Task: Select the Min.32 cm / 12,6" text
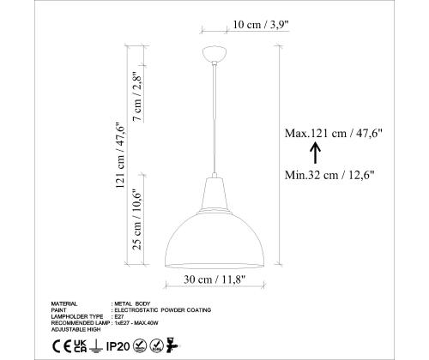(x=330, y=174)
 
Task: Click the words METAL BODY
(x=132, y=303)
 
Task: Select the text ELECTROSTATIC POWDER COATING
(x=163, y=309)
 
